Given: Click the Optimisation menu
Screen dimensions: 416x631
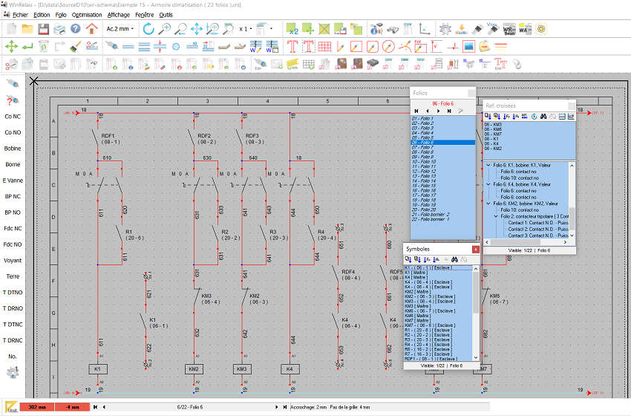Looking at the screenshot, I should click(x=87, y=14).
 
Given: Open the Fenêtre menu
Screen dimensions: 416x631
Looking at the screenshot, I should click(x=145, y=14).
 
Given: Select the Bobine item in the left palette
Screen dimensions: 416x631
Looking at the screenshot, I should click(x=13, y=149).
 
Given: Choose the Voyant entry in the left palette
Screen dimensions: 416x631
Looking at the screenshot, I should click(x=13, y=261).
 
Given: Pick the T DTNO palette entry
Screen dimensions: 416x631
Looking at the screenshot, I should click(x=13, y=293).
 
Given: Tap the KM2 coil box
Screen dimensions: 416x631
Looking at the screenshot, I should click(x=194, y=369).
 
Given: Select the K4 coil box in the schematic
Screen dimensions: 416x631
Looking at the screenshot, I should click(x=290, y=369).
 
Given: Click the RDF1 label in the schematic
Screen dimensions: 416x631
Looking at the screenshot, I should click(x=108, y=136).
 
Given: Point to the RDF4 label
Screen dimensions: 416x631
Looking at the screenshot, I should click(x=348, y=272).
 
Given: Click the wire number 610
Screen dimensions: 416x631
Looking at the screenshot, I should click(x=108, y=158).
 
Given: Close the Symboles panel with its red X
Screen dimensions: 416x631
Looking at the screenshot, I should click(x=476, y=250).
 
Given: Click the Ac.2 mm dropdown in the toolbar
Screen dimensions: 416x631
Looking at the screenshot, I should click(x=120, y=29).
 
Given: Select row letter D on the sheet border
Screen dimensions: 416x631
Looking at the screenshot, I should click(x=53, y=218).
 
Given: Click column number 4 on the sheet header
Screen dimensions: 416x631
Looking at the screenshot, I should click(x=267, y=101).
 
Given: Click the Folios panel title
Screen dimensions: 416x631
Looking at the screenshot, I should click(x=420, y=93).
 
